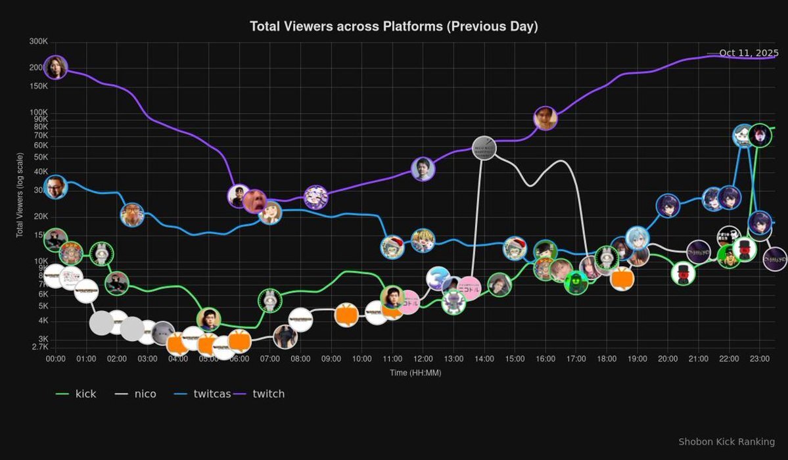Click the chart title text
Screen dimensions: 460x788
pyautogui.click(x=394, y=26)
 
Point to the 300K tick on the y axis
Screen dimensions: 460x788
pyautogui.click(x=39, y=41)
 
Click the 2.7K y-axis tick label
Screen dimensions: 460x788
pyautogui.click(x=39, y=347)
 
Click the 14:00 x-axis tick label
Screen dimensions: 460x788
pyautogui.click(x=484, y=359)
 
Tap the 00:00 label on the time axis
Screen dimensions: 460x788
pyautogui.click(x=56, y=359)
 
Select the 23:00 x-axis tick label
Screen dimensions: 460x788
pyautogui.click(x=760, y=359)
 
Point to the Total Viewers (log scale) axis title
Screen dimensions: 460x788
pyautogui.click(x=20, y=195)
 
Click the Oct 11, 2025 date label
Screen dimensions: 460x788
pyautogui.click(x=749, y=53)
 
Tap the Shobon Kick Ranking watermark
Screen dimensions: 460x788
pyautogui.click(x=726, y=442)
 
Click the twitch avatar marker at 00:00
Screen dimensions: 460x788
pyautogui.click(x=56, y=67)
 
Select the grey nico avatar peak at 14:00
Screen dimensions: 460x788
pyautogui.click(x=484, y=148)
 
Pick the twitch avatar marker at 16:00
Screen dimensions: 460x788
pyautogui.click(x=545, y=118)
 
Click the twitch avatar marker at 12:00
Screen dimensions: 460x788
pyautogui.click(x=423, y=169)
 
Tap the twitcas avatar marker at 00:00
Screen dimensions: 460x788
pyautogui.click(x=56, y=187)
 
